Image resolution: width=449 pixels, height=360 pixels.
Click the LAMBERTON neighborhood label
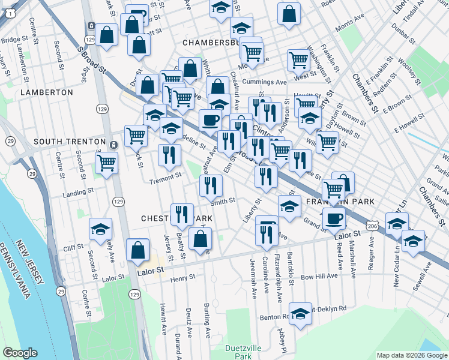tap(46, 92)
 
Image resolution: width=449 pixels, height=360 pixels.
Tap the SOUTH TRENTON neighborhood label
tap(70, 142)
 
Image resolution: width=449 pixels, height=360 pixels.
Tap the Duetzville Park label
tap(243, 352)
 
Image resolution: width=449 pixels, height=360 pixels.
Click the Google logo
tap(20, 353)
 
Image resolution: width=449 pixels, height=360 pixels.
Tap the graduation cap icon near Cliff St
tap(100, 229)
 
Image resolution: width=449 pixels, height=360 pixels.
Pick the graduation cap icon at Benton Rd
tap(301, 313)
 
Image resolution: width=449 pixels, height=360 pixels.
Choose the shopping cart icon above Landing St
tap(107, 161)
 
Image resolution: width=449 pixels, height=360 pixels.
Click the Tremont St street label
tap(166, 178)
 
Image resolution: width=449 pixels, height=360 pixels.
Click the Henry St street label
tap(183, 278)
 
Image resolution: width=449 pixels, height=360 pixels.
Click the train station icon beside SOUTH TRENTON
tap(113, 144)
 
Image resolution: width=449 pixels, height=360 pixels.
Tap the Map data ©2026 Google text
tap(411, 355)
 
